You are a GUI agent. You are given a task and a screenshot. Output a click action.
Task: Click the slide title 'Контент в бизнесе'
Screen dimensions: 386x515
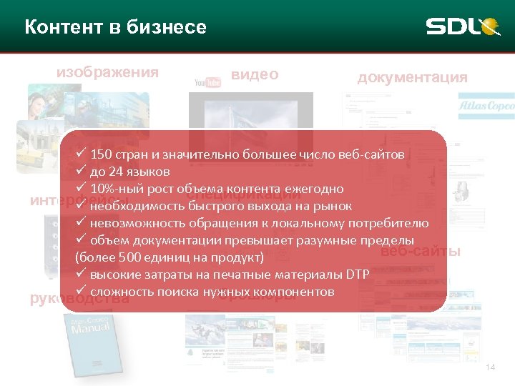[115, 28]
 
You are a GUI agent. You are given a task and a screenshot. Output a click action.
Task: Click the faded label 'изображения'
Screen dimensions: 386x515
[107, 72]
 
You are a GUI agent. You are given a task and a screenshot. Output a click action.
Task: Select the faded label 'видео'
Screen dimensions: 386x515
[255, 75]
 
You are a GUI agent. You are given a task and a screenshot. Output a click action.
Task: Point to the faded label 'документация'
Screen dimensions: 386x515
[412, 77]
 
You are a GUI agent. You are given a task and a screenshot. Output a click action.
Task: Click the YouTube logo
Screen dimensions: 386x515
[207, 83]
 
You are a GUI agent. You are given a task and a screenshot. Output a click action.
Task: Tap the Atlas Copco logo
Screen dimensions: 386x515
[486, 106]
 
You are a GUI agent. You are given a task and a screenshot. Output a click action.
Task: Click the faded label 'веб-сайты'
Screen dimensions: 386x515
[420, 252]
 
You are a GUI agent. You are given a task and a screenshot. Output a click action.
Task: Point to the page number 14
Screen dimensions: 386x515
[490, 367]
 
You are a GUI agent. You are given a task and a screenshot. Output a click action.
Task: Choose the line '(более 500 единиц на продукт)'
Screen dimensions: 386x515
[169, 257]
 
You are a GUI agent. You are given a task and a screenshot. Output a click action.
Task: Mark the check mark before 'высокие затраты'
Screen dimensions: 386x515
[81, 274]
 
